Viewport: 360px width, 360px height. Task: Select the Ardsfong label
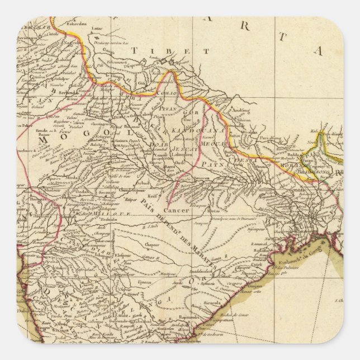click(x=243, y=110)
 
